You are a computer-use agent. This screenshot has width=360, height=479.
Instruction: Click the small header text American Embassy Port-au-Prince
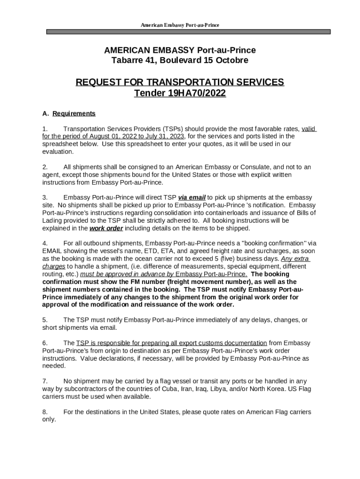point(180,25)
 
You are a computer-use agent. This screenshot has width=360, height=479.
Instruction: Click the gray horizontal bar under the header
point(188,32)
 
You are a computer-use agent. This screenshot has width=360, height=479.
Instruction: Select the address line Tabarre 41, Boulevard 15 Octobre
point(180,60)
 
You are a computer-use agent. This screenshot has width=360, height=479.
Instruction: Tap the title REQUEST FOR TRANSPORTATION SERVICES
point(180,82)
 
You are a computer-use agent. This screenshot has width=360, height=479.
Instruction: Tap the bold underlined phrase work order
point(106,228)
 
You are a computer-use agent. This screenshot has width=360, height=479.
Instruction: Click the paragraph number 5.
point(45,320)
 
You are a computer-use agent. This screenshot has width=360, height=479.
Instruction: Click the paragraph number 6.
point(45,343)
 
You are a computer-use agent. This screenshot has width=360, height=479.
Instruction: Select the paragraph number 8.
point(45,412)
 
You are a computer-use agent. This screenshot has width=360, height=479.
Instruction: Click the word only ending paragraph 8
point(49,420)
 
